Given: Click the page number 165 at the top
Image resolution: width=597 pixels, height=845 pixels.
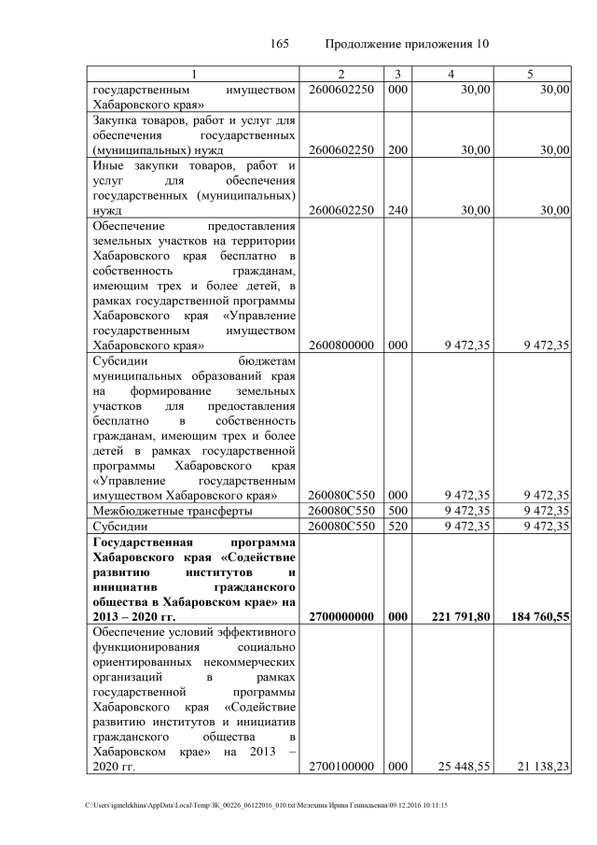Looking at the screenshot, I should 280,44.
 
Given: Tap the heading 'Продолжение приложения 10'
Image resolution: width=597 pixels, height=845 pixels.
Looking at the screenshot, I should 407,44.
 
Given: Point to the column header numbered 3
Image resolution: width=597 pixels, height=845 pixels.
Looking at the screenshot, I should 397,74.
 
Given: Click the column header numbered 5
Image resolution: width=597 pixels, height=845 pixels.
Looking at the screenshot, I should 531,74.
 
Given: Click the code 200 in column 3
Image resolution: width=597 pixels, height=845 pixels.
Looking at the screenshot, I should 397,149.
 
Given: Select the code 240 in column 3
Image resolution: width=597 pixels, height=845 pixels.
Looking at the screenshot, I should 397,210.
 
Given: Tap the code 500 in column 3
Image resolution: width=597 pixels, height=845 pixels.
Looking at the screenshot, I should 397,511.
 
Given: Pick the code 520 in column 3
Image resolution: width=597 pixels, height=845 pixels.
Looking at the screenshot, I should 397,526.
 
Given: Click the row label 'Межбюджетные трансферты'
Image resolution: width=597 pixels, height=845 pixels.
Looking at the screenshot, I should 171,511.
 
